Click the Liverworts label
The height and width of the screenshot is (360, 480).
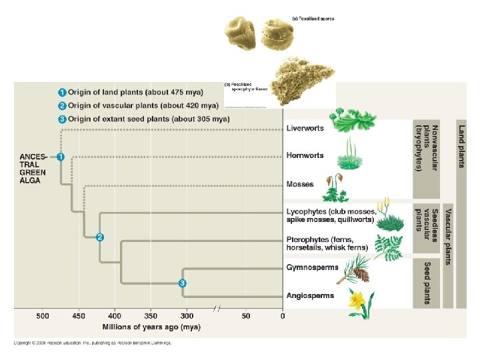click(305, 128)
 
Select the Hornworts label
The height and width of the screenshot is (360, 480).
click(305, 155)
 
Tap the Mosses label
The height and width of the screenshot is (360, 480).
click(299, 184)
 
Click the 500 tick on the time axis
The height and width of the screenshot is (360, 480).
click(43, 315)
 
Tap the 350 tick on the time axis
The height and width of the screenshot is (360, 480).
click(151, 315)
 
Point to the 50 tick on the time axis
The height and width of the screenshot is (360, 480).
click(246, 315)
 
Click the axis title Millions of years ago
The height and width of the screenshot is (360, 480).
click(151, 327)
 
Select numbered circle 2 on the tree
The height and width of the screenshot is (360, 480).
click(99, 237)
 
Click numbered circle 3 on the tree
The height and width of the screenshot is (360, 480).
click(183, 283)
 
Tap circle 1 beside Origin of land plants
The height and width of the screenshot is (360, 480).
click(61, 92)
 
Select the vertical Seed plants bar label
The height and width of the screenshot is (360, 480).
click(427, 283)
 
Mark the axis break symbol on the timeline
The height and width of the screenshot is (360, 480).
click(217, 309)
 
